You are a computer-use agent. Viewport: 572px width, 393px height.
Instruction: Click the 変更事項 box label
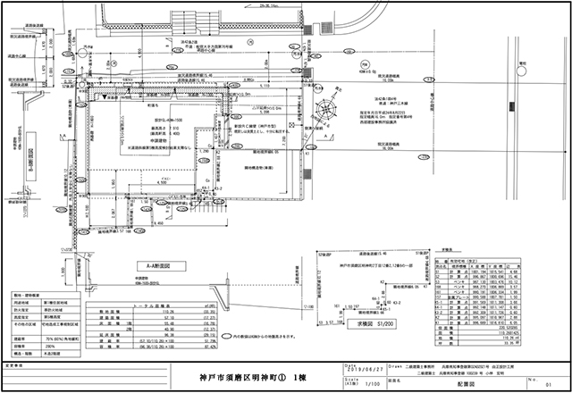pos(17,365)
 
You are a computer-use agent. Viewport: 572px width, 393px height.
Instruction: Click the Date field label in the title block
pos(348,364)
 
